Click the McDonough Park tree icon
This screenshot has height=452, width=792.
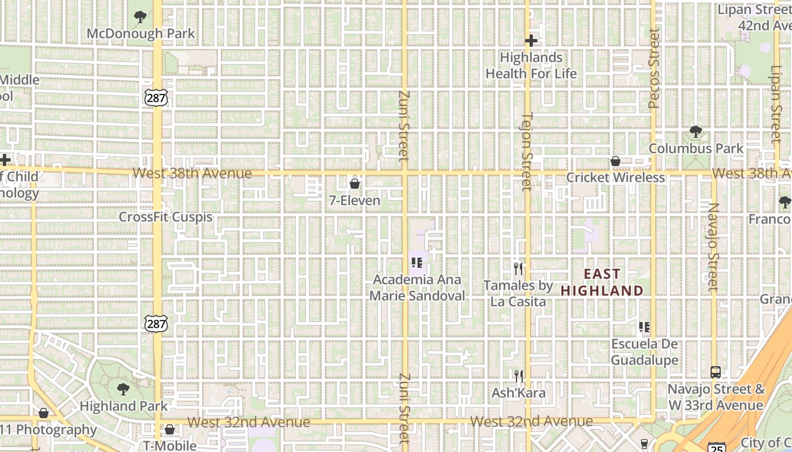(140, 17)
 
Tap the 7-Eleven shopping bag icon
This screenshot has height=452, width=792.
(355, 184)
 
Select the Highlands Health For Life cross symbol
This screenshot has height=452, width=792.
(531, 41)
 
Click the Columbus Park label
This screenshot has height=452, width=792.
(696, 149)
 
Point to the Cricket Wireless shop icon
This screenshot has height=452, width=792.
(615, 162)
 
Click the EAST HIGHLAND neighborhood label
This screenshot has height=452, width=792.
(602, 282)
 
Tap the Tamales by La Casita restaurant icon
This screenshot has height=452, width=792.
(518, 268)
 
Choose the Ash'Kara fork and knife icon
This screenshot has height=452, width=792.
(518, 376)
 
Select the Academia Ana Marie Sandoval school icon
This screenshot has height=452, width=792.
(417, 263)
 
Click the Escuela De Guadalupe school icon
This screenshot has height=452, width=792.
(644, 327)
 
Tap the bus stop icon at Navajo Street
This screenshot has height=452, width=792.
(716, 372)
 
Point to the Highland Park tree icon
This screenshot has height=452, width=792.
(123, 389)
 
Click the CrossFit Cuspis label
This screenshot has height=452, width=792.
(166, 217)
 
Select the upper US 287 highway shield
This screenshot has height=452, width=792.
(156, 98)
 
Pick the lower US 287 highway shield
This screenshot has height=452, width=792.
(155, 324)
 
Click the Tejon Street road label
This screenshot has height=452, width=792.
(527, 151)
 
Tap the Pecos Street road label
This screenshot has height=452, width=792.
(655, 68)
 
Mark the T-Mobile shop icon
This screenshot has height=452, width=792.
(169, 430)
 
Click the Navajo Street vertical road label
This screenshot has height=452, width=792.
(713, 247)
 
